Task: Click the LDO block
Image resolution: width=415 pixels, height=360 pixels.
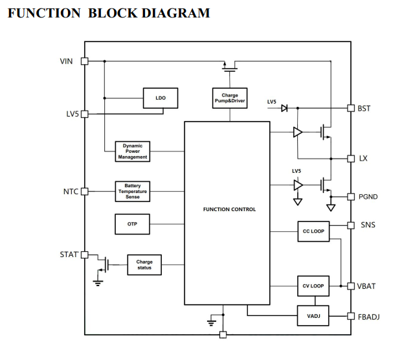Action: [x=161, y=98]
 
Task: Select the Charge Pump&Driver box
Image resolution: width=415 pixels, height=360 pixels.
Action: [x=230, y=98]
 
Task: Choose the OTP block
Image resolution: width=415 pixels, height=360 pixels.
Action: [x=132, y=224]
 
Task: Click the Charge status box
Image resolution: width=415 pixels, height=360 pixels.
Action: [x=144, y=265]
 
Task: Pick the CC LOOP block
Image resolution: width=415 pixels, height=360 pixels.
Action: [x=314, y=231]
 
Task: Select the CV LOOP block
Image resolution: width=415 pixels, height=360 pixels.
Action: [x=314, y=286]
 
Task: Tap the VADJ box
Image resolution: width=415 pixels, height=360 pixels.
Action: [x=314, y=316]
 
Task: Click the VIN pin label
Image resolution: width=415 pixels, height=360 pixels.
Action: [x=66, y=62]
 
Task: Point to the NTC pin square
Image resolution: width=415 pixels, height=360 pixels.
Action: [x=84, y=192]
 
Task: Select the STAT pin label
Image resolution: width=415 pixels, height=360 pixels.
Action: [x=69, y=254]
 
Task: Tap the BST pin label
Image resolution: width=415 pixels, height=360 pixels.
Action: [x=364, y=109]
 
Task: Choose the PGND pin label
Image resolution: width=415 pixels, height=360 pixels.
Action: [x=368, y=197]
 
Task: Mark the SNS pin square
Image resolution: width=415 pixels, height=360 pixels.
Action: [x=350, y=225]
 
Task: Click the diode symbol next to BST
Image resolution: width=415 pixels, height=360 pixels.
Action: [x=284, y=109]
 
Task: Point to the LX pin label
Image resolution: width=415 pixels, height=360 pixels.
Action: [x=363, y=159]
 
